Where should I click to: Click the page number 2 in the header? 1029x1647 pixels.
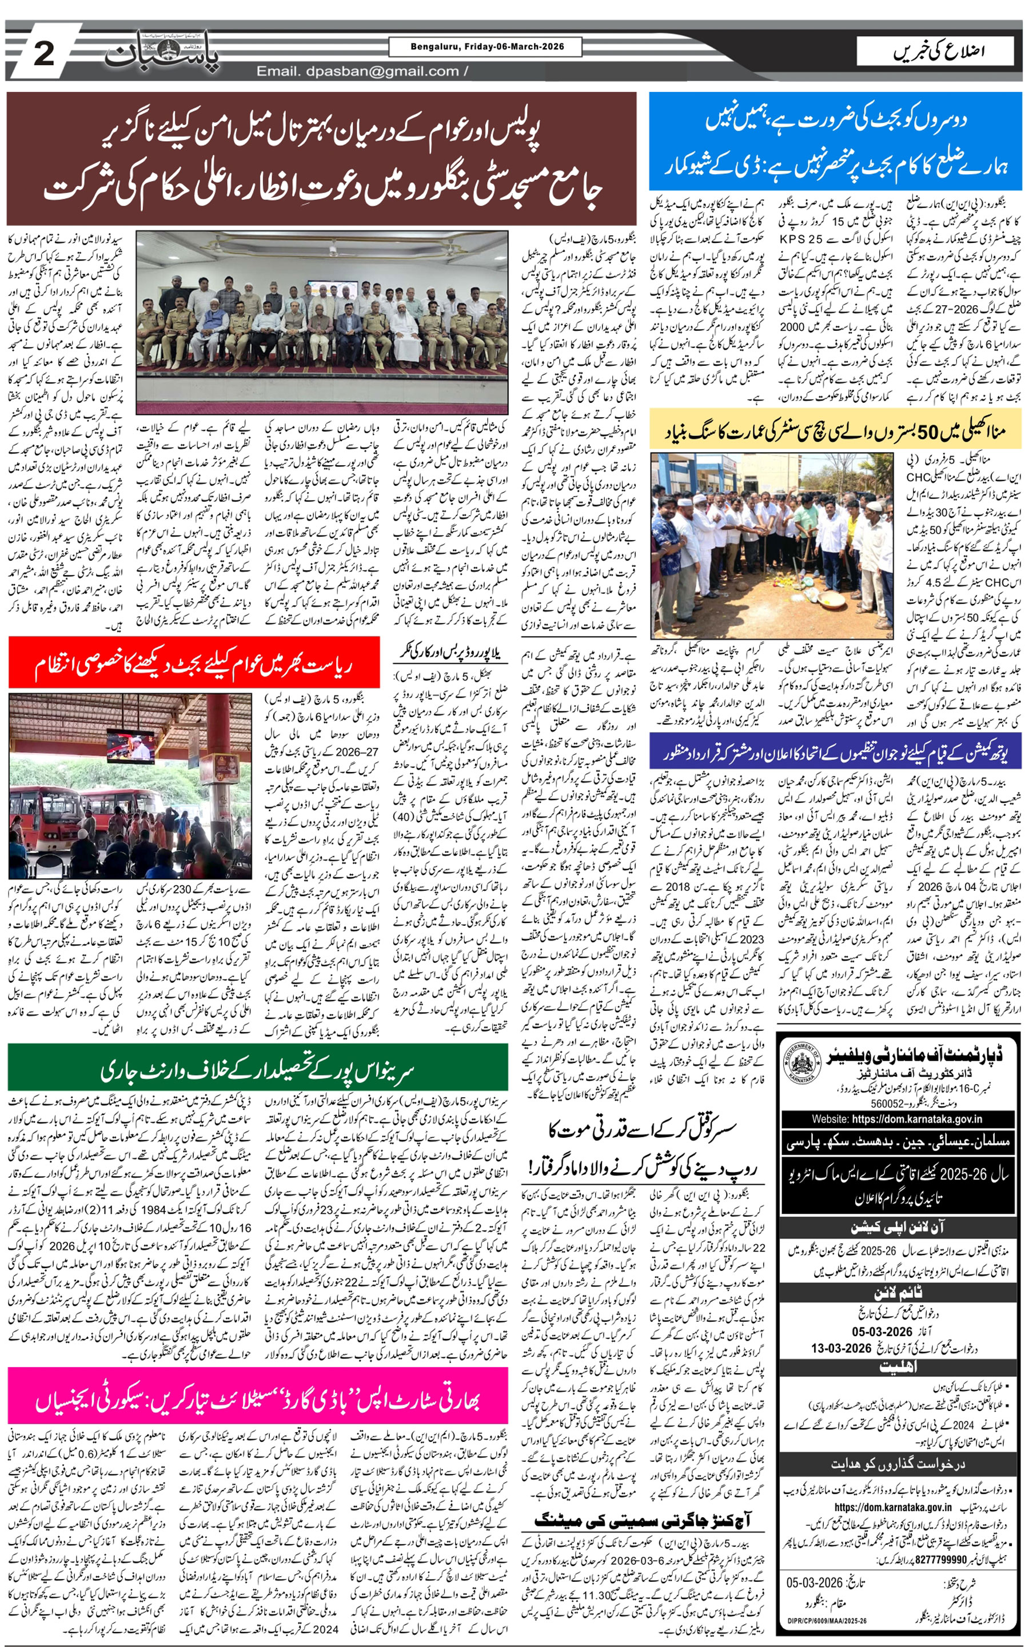43,53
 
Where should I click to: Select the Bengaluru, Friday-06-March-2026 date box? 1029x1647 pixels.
486,47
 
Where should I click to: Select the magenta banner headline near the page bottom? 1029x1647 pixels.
258,1401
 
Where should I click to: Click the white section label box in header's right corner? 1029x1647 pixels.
937,51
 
